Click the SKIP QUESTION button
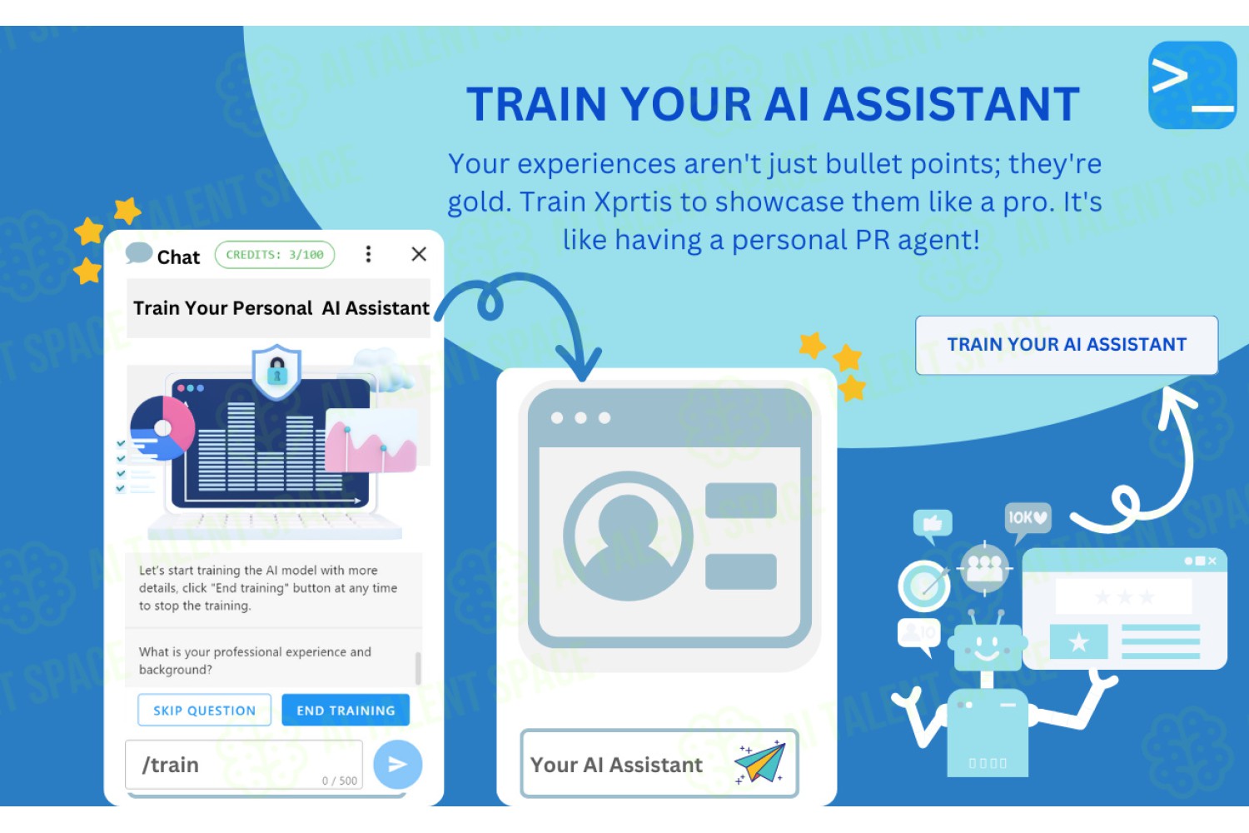204,710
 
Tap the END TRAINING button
346,710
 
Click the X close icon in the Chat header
419,254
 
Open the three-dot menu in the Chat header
368,254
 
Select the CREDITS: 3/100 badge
275,254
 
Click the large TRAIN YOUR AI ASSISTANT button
1067,345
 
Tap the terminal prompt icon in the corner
1192,85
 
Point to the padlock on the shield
277,371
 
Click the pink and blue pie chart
162,427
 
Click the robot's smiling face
987,647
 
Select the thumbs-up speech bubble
933,525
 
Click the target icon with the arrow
924,585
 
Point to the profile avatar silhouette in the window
628,536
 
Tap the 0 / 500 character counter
340,781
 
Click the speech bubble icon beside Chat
139,253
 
